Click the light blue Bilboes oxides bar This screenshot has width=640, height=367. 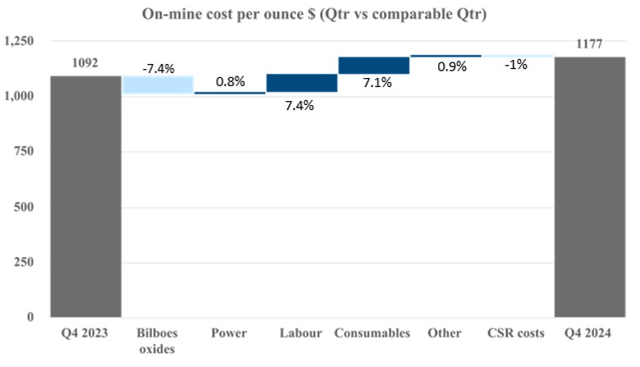[158, 85]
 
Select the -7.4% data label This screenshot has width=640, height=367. [158, 68]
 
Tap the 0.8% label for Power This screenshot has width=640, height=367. [231, 81]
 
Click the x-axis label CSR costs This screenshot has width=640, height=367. [517, 333]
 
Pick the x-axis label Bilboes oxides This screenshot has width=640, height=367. [158, 340]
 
